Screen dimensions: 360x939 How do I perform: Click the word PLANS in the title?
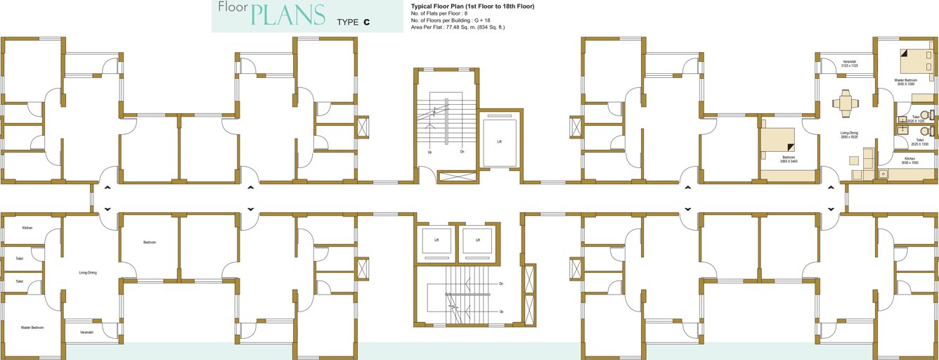(288, 15)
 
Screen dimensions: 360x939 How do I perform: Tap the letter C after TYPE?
(367, 22)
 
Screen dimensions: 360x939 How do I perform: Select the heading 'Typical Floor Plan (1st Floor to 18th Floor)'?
(472, 6)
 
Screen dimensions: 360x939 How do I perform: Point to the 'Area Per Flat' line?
(458, 27)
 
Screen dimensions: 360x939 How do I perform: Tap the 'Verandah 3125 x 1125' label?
(849, 64)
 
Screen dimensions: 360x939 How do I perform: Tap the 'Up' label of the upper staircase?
(429, 151)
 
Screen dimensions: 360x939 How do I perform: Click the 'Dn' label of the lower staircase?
(500, 284)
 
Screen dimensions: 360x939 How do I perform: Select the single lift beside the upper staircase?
(499, 141)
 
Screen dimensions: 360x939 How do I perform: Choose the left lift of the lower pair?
(436, 240)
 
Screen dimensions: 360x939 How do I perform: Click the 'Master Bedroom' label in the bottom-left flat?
(32, 328)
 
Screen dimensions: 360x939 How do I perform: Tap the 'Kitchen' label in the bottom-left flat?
(27, 228)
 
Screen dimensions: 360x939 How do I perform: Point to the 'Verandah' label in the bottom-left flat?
(86, 332)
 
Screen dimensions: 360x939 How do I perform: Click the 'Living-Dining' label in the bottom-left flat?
(88, 272)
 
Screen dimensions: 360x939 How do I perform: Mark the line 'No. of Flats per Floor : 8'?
(439, 13)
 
